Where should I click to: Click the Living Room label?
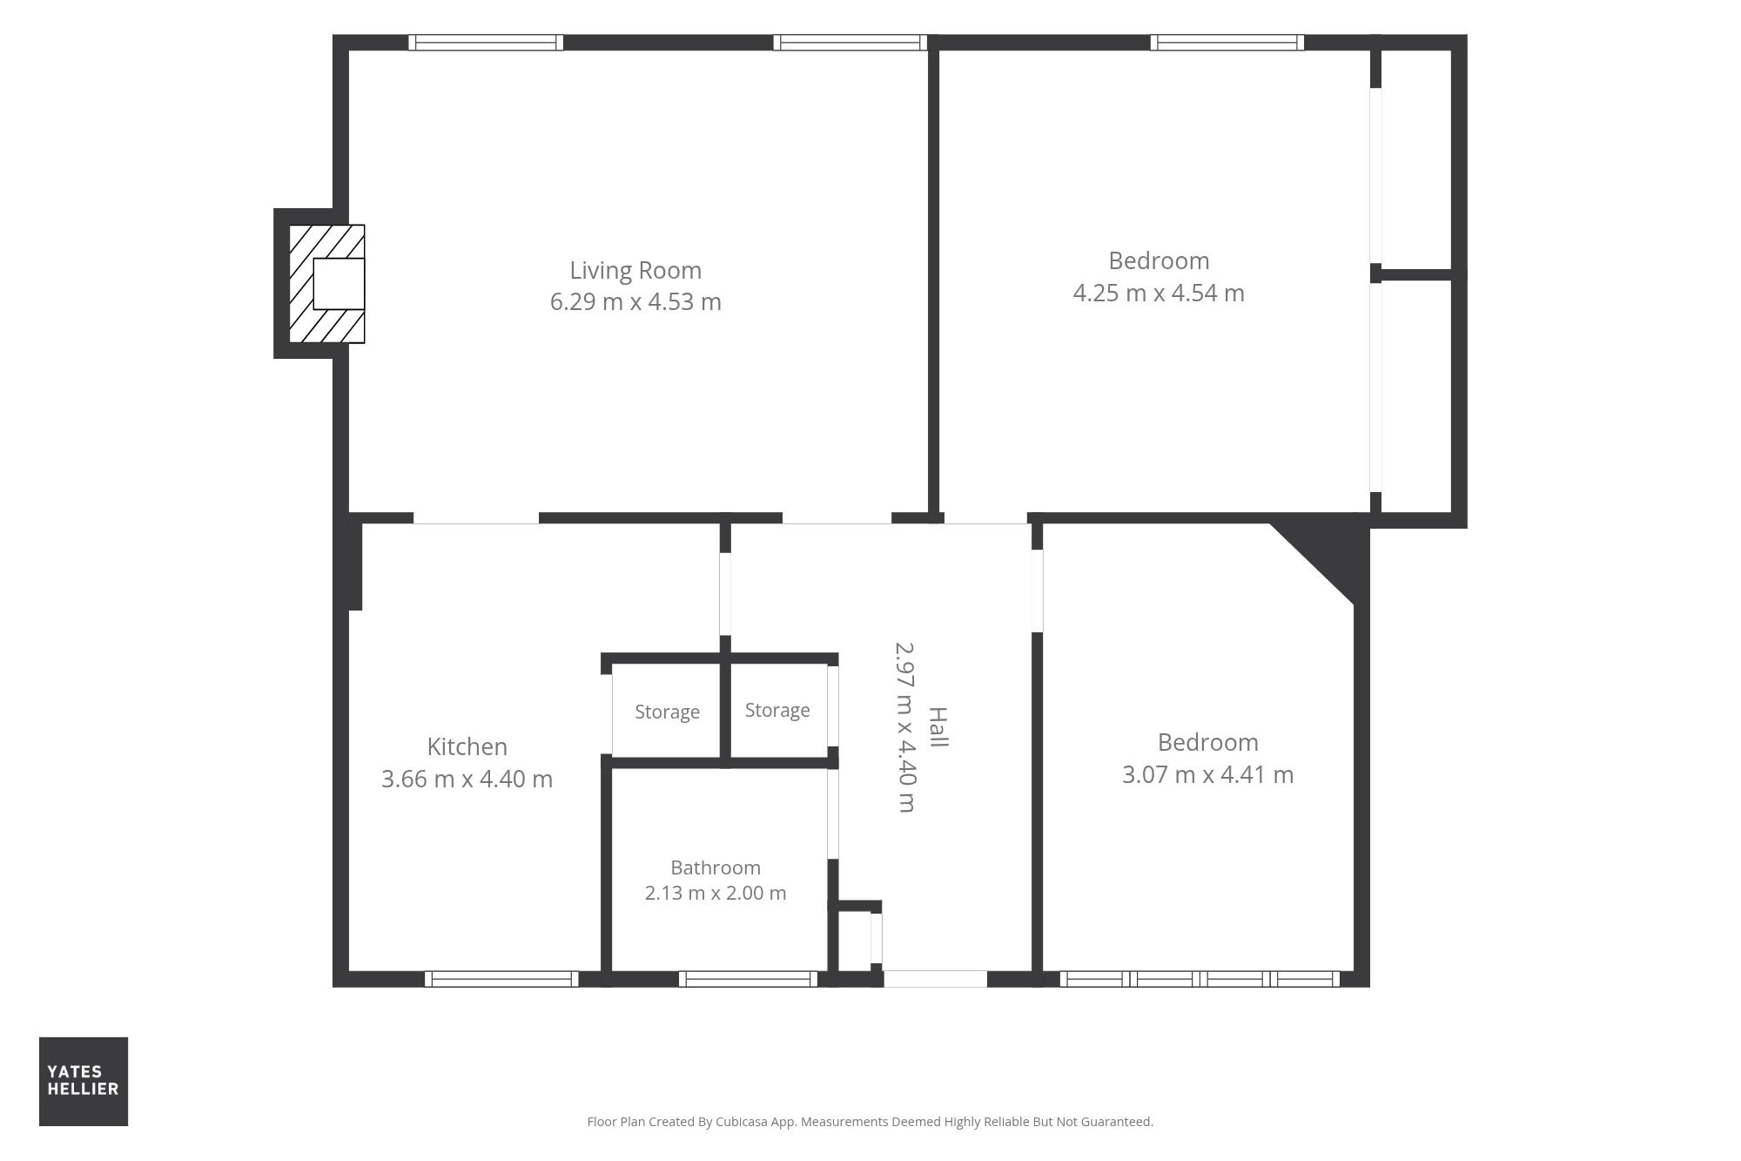(x=635, y=271)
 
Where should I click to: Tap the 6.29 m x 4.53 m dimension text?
(x=635, y=301)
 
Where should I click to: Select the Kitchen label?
(x=467, y=746)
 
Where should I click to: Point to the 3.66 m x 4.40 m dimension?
(x=467, y=779)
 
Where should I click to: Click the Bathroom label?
(x=716, y=867)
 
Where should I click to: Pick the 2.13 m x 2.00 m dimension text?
(x=716, y=893)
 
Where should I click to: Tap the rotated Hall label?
(x=938, y=727)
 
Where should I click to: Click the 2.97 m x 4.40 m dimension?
(x=905, y=727)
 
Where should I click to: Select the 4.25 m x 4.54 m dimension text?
(x=1159, y=293)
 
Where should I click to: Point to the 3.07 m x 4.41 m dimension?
(x=1207, y=774)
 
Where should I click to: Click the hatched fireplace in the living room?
(x=326, y=284)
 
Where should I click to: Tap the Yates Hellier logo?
(x=84, y=1081)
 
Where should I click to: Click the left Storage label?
(x=667, y=712)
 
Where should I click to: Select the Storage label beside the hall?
(x=777, y=710)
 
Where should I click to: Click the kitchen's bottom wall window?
(x=501, y=979)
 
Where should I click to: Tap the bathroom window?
(x=748, y=979)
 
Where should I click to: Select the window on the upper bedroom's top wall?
(x=1227, y=43)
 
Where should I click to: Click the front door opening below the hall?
(x=936, y=979)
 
